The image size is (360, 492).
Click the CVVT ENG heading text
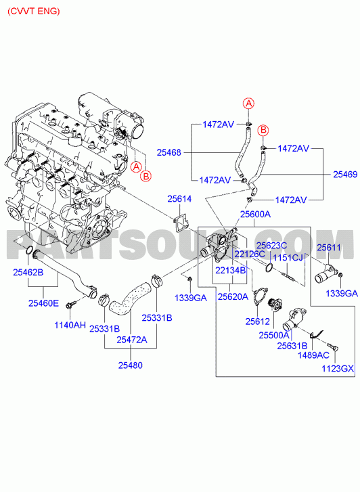pos(34,12)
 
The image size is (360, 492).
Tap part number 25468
pos(169,152)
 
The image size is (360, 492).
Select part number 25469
pos(345,175)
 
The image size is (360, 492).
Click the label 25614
pos(179,198)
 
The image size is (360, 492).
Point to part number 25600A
pos(255,214)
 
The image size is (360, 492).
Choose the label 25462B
pos(28,272)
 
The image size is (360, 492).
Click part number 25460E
pos(43,303)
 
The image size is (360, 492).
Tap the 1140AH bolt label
pos(70,325)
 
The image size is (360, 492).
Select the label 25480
pos(130,365)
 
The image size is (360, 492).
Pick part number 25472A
pos(132,340)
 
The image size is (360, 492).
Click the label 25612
pos(257,321)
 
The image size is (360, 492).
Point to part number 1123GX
pos(338,368)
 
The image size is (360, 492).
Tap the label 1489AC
pos(313,355)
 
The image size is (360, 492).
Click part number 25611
pos(329,248)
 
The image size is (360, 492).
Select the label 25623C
pos(272,246)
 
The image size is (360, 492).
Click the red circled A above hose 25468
pos(248,103)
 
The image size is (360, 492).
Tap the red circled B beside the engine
pos(146,176)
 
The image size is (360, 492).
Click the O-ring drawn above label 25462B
pos(29,250)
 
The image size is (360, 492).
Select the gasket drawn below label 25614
pos(181,223)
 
